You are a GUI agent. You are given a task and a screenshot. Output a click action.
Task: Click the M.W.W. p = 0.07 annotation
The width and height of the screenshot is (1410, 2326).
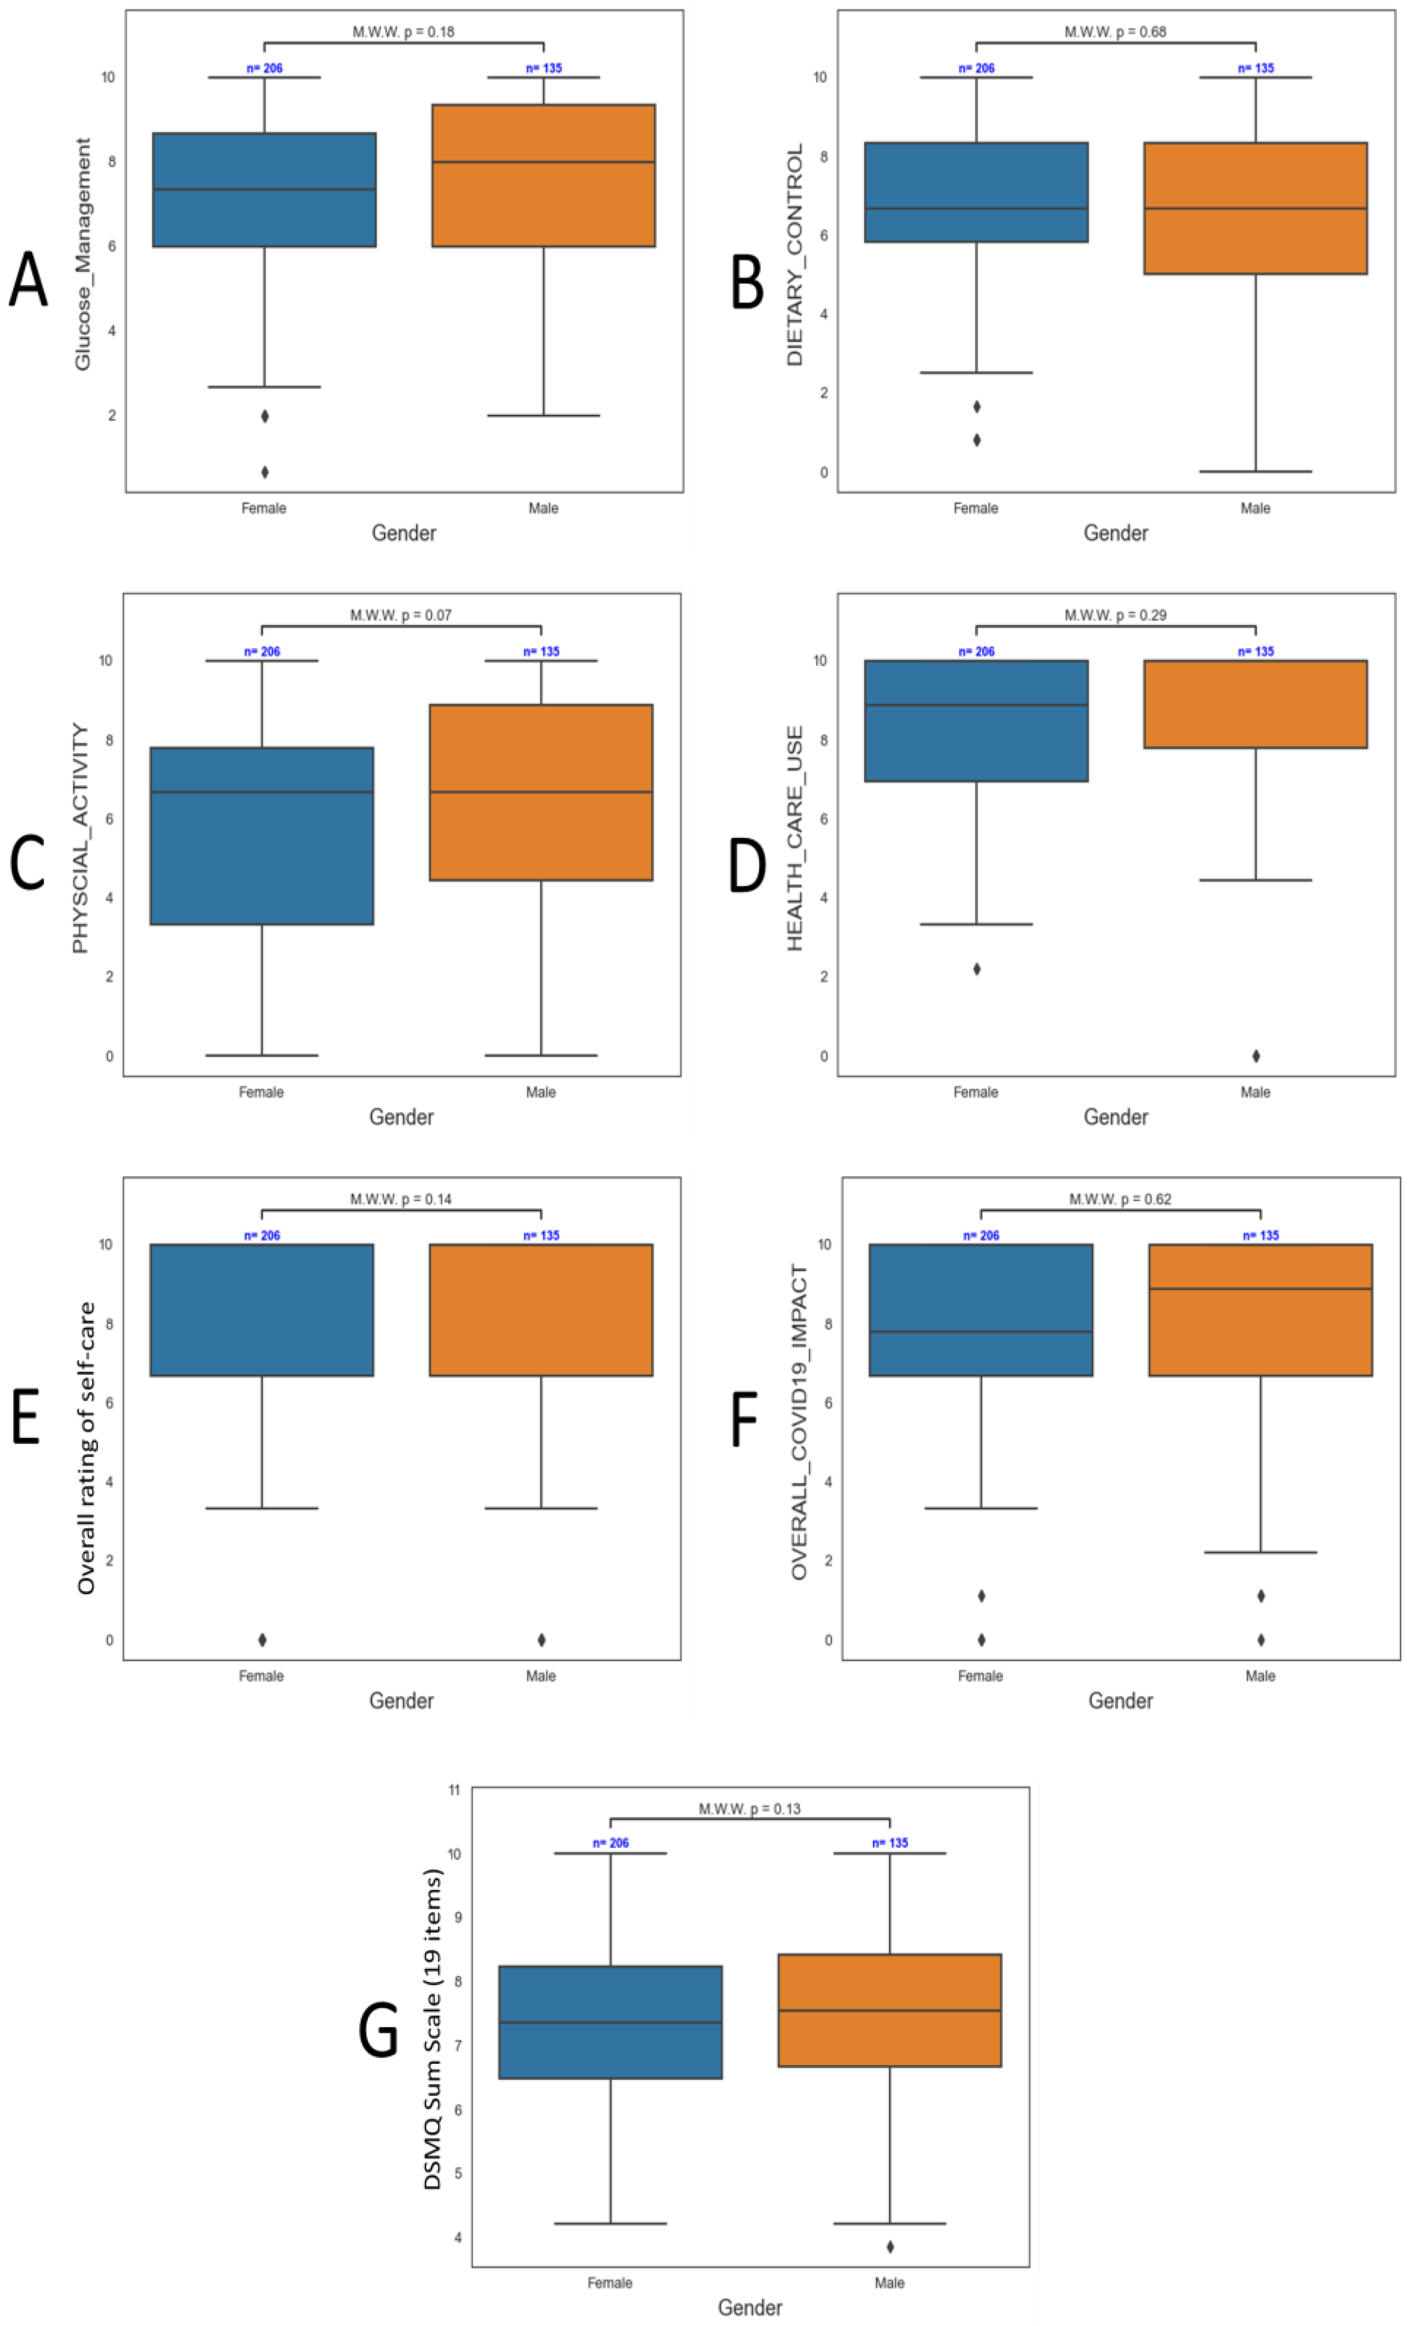click(400, 616)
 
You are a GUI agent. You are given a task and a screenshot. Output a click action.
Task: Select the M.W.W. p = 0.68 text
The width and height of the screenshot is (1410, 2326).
click(1114, 32)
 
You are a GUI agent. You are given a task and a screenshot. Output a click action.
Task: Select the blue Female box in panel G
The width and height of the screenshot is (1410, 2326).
click(610, 2022)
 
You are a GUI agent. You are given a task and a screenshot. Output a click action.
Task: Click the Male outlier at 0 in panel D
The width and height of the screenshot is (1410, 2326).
click(1255, 1056)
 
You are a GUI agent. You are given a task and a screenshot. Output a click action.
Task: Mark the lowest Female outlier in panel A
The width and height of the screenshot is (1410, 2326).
click(264, 472)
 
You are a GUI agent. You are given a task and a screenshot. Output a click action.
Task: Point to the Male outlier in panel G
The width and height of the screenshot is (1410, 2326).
click(889, 2247)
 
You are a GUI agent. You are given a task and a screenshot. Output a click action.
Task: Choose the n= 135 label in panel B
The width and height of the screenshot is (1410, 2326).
click(1255, 68)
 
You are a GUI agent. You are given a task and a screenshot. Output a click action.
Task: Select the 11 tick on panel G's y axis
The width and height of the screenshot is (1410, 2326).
click(454, 1790)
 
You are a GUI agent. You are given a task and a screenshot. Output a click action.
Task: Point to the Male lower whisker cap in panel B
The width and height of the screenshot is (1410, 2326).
click(1255, 471)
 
